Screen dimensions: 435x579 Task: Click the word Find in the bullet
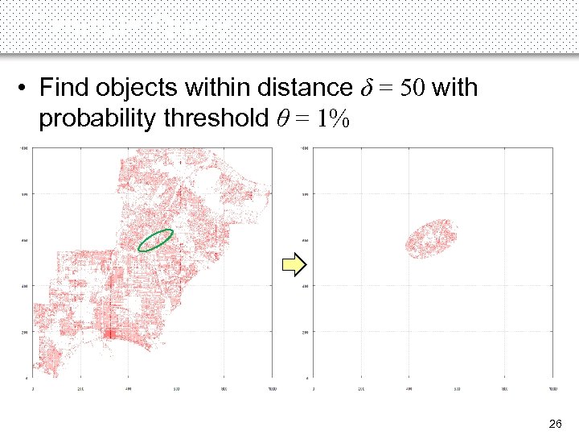tap(64, 87)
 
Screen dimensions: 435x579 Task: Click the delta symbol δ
tap(359, 87)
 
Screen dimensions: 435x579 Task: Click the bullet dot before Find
tap(27, 88)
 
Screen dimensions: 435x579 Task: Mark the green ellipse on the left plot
tap(156, 240)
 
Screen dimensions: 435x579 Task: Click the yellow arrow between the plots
tap(294, 263)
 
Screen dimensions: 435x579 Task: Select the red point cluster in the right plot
tap(431, 238)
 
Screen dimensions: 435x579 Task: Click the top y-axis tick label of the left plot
tap(25, 148)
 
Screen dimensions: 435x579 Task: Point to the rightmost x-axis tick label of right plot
tap(553, 388)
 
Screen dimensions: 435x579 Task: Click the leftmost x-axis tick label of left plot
tap(32, 388)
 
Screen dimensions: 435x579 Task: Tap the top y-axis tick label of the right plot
tap(304, 148)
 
